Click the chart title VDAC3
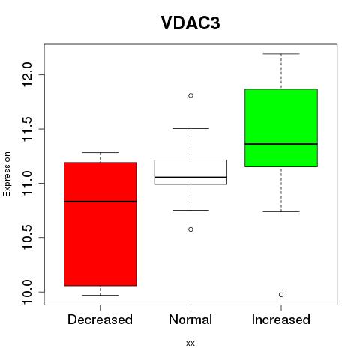point(190,23)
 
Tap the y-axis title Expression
point(7,174)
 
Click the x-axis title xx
point(190,343)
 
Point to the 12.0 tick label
point(27,74)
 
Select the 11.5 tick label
point(27,129)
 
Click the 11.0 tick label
point(27,183)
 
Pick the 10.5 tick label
point(27,238)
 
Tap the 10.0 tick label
point(27,292)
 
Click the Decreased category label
point(100,319)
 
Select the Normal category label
point(190,319)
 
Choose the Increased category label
point(281,319)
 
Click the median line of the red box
point(100,202)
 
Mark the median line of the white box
point(190,177)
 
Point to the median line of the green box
point(281,144)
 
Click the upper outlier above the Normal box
point(190,95)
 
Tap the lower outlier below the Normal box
point(190,229)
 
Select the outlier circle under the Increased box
point(281,295)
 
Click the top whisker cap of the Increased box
point(281,54)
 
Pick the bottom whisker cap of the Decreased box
point(100,295)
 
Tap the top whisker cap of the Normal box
point(190,128)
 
